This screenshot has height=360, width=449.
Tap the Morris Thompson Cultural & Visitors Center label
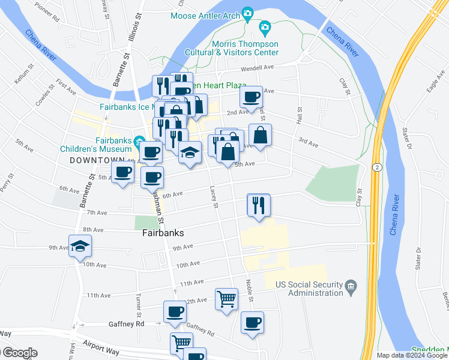click(x=245, y=48)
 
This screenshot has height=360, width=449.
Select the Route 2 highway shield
click(x=376, y=166)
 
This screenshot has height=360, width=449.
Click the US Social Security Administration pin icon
click(x=352, y=285)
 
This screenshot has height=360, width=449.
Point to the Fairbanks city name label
click(x=162, y=233)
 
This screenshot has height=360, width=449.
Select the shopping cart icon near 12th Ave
click(x=226, y=298)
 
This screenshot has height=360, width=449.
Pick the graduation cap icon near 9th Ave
click(x=80, y=246)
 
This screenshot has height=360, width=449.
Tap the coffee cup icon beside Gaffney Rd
click(x=175, y=311)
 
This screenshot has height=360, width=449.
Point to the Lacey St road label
click(x=214, y=196)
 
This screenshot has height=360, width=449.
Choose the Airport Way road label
click(x=99, y=349)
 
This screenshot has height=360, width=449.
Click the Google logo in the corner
click(x=19, y=353)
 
